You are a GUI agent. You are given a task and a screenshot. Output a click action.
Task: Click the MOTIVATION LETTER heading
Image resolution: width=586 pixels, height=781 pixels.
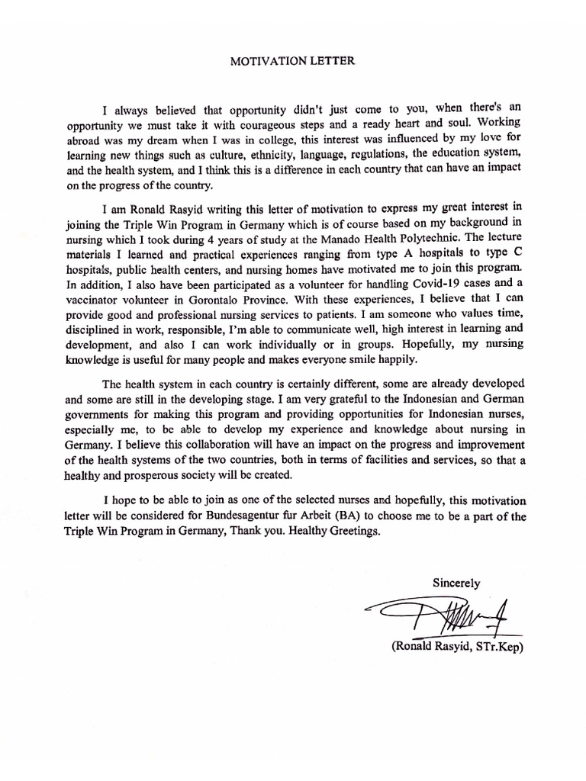coord(292,61)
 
